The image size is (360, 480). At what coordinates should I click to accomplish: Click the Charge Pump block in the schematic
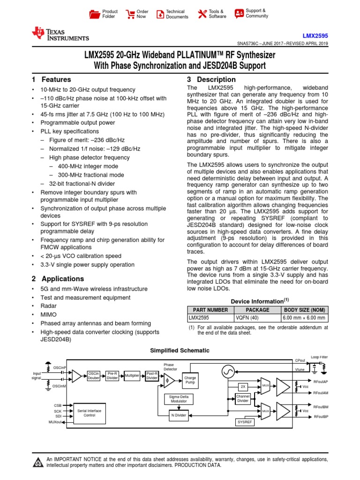[x=190, y=380]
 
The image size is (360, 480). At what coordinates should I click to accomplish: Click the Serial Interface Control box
[x=89, y=413]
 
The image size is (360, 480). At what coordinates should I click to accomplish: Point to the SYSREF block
[x=245, y=422]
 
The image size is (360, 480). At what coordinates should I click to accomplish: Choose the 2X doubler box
[x=243, y=387]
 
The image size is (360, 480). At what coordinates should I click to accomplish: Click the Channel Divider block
[x=242, y=399]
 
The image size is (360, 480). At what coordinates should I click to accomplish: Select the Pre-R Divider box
[x=112, y=375]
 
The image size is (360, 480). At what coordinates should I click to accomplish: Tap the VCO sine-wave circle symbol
[x=228, y=372]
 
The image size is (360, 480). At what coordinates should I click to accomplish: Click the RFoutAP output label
[x=321, y=382]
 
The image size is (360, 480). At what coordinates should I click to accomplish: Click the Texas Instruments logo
[x=60, y=33]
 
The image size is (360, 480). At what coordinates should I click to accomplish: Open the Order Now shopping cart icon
[x=131, y=14]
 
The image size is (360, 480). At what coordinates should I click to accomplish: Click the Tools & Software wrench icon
[x=202, y=14]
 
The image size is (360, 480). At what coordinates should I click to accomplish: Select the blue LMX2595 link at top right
[x=315, y=35]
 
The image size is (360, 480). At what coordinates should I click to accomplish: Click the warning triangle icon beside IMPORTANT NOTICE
[x=37, y=463]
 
